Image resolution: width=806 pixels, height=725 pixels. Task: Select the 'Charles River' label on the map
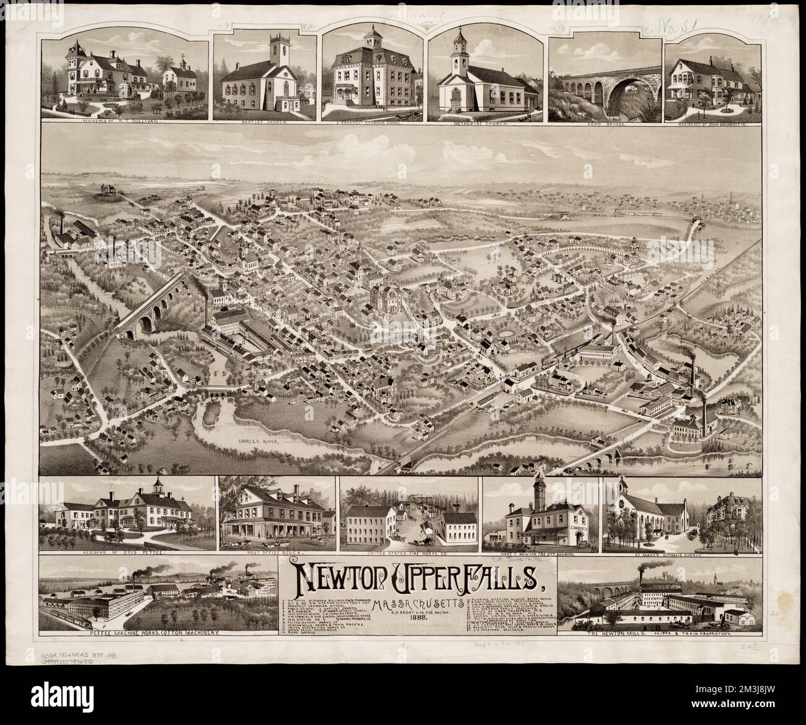pos(257,442)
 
